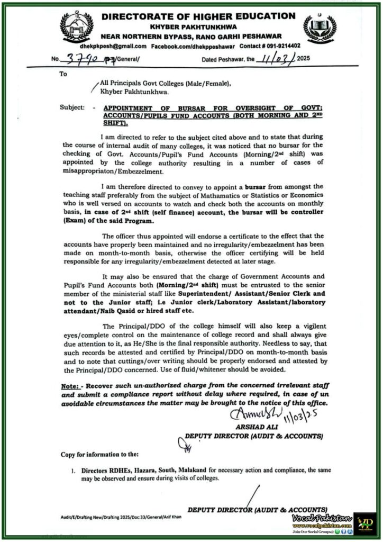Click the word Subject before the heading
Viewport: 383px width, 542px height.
point(71,107)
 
